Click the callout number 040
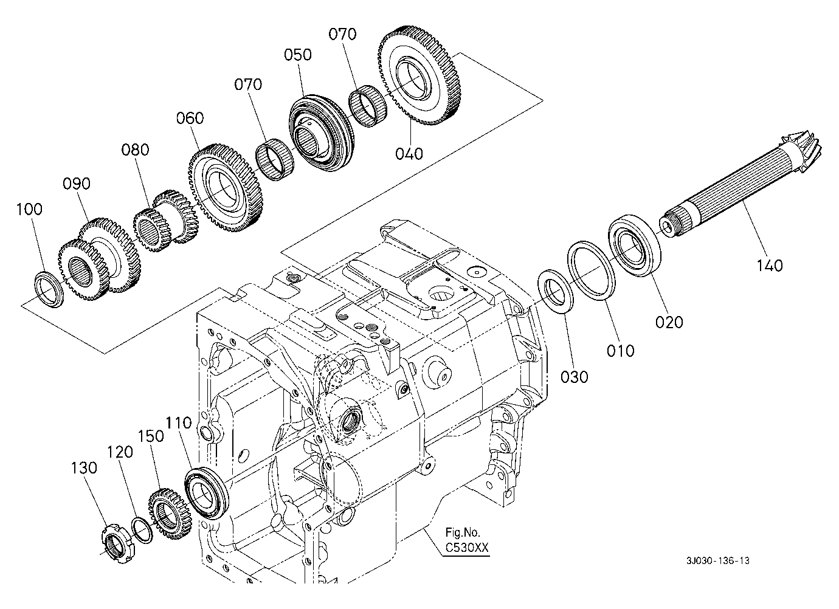coord(409,154)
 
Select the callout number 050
coord(298,55)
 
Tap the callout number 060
coord(190,119)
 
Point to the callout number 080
coord(135,150)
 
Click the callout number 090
coord(77,184)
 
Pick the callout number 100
coord(29,209)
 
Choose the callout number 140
coord(770,266)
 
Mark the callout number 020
coord(669,322)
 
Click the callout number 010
coord(621,351)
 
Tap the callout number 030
coord(574,377)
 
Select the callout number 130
coord(84,468)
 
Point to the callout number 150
coord(151,436)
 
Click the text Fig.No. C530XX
coord(467,540)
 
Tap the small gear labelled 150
coord(170,514)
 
